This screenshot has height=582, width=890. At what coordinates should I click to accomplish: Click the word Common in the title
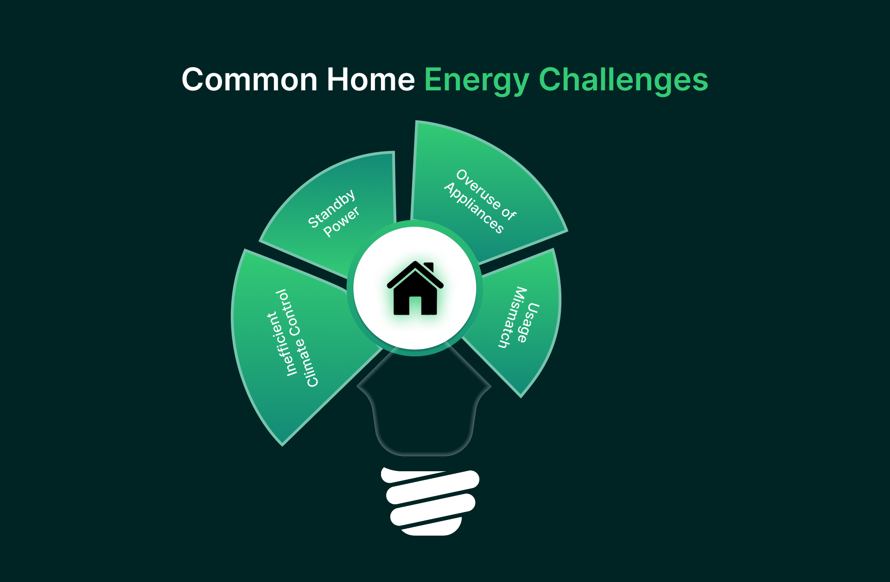pyautogui.click(x=249, y=80)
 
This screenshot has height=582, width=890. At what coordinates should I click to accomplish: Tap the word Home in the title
pyautogui.click(x=370, y=80)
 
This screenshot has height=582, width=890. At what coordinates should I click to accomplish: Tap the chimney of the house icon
pyautogui.click(x=429, y=267)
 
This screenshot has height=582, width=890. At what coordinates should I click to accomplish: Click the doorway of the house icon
pyautogui.click(x=415, y=306)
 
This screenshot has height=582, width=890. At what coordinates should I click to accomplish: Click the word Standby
pyautogui.click(x=332, y=209)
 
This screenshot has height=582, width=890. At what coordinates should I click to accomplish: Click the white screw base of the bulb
pyautogui.click(x=430, y=502)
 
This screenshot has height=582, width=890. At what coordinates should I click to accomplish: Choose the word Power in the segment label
pyautogui.click(x=341, y=221)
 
